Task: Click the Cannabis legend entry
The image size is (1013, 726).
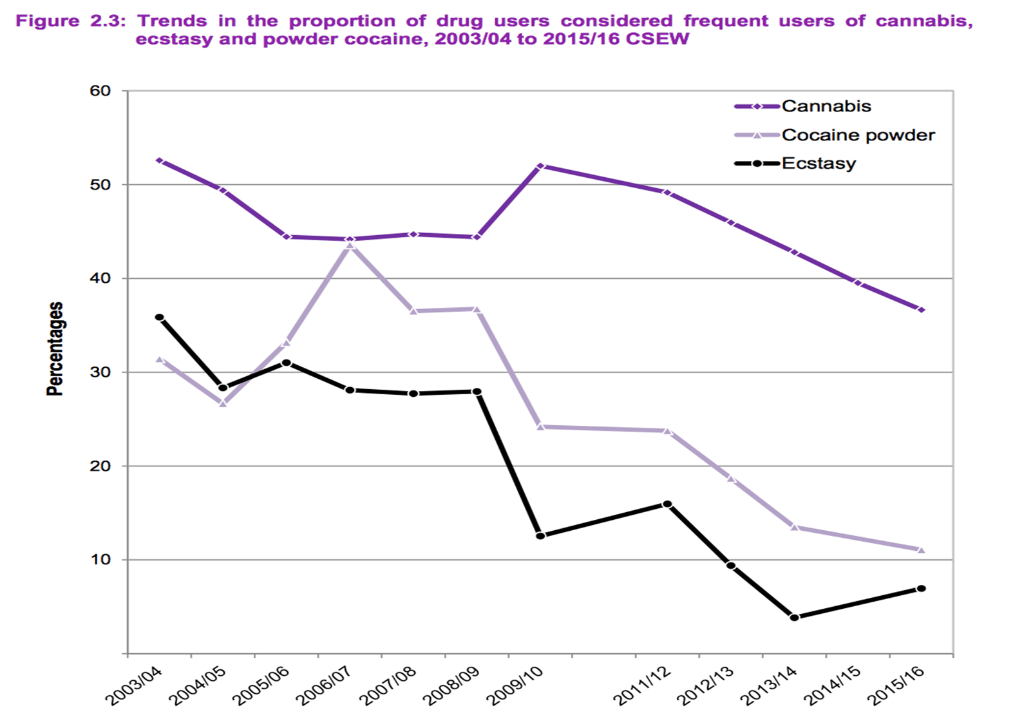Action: click(x=826, y=106)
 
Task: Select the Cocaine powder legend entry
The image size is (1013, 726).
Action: click(x=857, y=135)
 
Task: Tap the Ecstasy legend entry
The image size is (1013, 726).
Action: click(x=819, y=164)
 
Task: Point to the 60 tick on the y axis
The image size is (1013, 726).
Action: click(x=100, y=91)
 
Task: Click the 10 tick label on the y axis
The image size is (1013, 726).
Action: click(x=100, y=559)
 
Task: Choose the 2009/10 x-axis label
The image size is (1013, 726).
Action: click(x=516, y=685)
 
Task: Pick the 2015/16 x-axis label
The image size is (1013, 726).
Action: click(x=896, y=685)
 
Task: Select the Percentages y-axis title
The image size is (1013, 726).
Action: click(x=55, y=349)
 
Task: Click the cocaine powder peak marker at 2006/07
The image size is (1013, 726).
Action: click(x=350, y=245)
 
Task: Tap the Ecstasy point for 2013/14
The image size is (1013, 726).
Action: click(x=794, y=617)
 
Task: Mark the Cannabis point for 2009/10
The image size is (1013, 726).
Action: click(x=540, y=166)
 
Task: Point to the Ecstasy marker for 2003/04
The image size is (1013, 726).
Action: click(x=159, y=318)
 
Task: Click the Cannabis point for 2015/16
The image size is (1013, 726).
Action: click(x=921, y=310)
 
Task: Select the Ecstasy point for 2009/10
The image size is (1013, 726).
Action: click(x=540, y=535)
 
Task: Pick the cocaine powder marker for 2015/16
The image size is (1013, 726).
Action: click(x=921, y=550)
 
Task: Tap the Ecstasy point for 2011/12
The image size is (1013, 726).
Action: click(x=667, y=504)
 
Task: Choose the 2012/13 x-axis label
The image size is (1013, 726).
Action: click(x=706, y=685)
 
